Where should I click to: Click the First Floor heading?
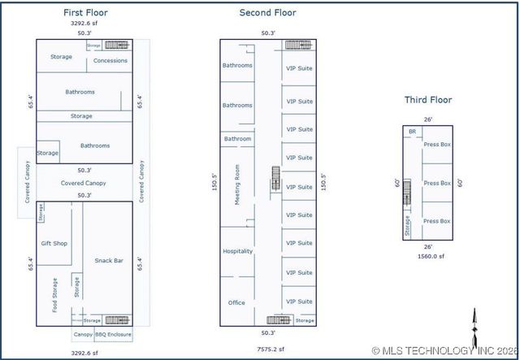85,13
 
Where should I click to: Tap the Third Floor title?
428,100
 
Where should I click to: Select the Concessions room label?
110,61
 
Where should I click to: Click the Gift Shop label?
54,244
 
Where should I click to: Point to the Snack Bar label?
109,261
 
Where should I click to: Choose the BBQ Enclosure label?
114,335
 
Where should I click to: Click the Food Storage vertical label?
54,295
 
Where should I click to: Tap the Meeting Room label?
237,184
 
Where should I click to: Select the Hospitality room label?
238,251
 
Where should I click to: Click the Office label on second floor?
236,302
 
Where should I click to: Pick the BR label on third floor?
412,132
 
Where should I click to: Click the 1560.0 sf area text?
431,256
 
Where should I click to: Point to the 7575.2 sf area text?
271,349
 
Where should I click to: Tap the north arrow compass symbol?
474,328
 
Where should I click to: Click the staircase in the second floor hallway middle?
275,178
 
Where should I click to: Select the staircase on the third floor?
407,192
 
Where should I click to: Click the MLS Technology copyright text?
444,351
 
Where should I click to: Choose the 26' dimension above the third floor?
428,119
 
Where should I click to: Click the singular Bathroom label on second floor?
237,139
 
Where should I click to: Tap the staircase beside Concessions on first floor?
116,45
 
